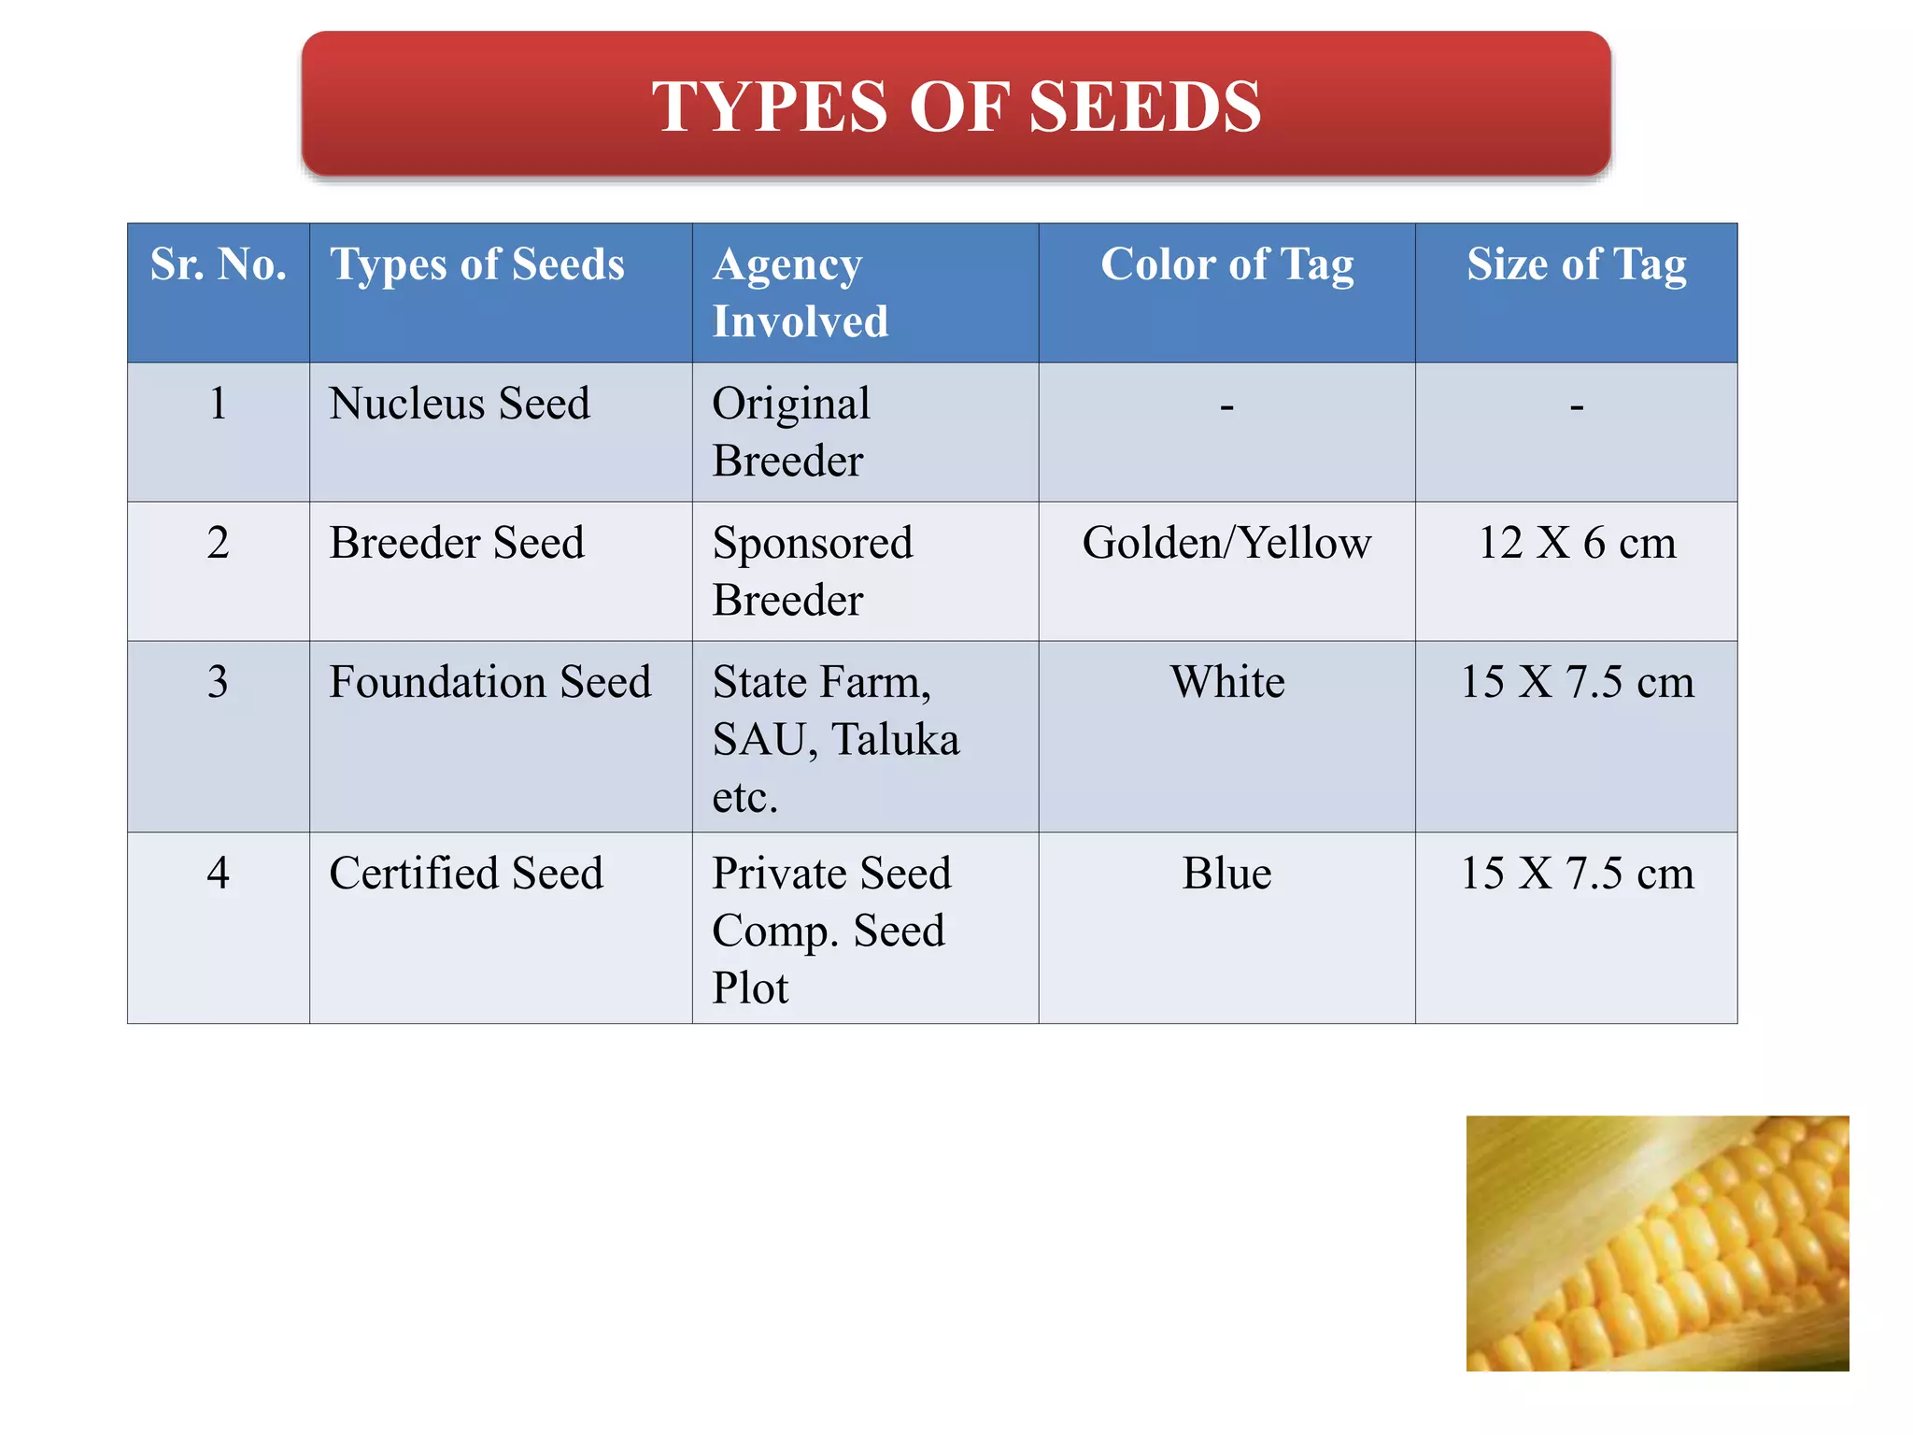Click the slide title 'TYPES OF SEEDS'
[x=956, y=106]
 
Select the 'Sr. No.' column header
[x=218, y=264]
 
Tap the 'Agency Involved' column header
[x=800, y=292]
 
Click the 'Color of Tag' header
[x=1226, y=264]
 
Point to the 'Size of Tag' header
[x=1576, y=264]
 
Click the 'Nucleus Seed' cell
[x=460, y=404]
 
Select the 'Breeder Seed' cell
[x=457, y=543]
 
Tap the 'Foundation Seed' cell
[x=489, y=682]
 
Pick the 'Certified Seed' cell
[x=466, y=874]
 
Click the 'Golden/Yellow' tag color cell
[x=1226, y=543]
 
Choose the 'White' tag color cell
[x=1226, y=682]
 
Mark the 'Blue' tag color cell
[x=1226, y=874]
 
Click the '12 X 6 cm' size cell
[x=1576, y=543]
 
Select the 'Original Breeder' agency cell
[x=790, y=432]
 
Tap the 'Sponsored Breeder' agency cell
[x=812, y=571]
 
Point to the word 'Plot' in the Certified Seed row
[x=750, y=987]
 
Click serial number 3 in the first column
[x=218, y=682]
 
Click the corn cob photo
[x=1657, y=1243]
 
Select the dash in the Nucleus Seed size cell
[x=1576, y=406]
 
